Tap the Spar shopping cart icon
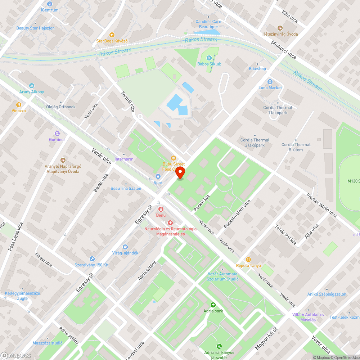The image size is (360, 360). [x=157, y=176]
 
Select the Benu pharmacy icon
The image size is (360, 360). [x=161, y=209]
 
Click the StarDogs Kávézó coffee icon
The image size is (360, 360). [x=112, y=35]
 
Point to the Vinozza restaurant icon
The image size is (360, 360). [x=18, y=104]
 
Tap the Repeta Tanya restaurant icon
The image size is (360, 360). [x=248, y=259]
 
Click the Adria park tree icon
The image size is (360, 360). [x=213, y=305]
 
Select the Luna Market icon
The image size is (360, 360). [x=270, y=81]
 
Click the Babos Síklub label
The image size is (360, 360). [x=210, y=64]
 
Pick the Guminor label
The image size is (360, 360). [x=57, y=139]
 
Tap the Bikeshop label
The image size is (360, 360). [x=257, y=69]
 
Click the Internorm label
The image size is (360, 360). [x=123, y=159]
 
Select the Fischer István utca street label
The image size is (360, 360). [x=321, y=206]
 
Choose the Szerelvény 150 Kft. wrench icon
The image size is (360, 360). [x=92, y=258]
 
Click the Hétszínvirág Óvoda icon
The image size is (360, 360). [x=280, y=28]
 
